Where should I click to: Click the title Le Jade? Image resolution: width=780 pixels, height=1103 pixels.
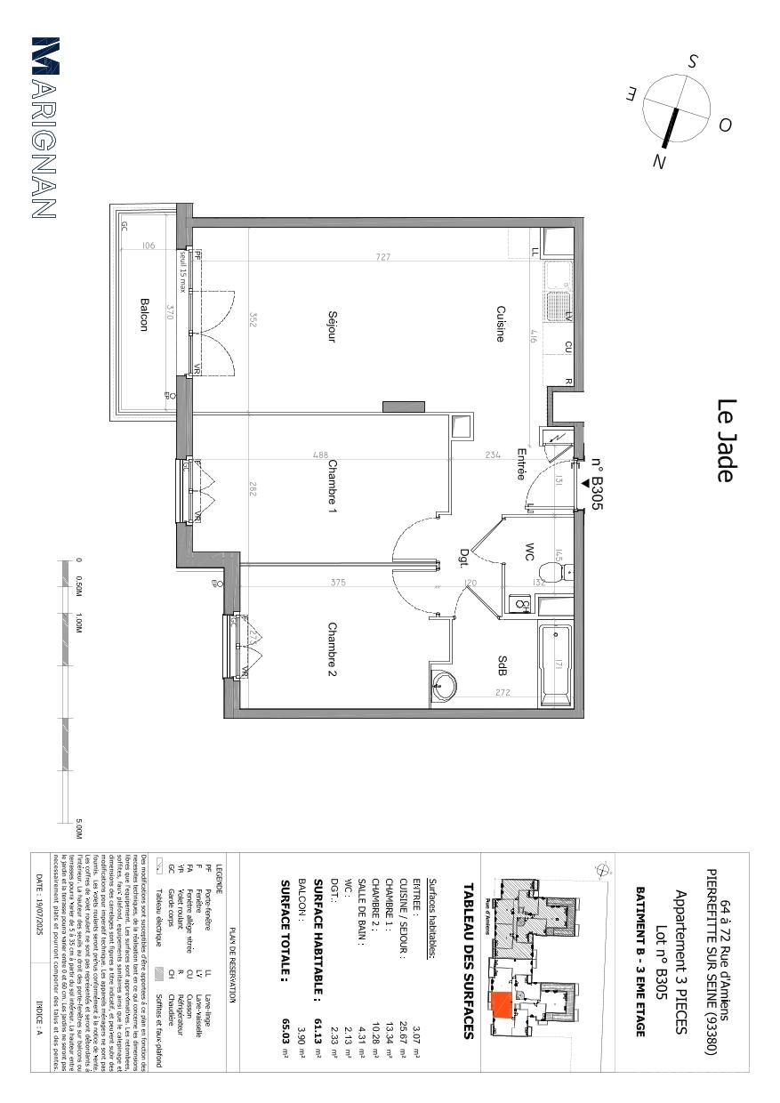click(726, 440)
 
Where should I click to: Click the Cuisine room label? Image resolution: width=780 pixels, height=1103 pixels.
click(501, 324)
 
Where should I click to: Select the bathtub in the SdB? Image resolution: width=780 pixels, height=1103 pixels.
click(556, 664)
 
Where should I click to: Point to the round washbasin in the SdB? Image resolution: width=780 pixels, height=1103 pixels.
click(442, 686)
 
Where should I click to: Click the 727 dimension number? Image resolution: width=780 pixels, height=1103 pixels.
click(382, 257)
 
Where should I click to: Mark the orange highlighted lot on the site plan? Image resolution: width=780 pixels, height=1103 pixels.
click(502, 1004)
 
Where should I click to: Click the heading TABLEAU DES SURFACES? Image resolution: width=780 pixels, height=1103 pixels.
click(468, 961)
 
